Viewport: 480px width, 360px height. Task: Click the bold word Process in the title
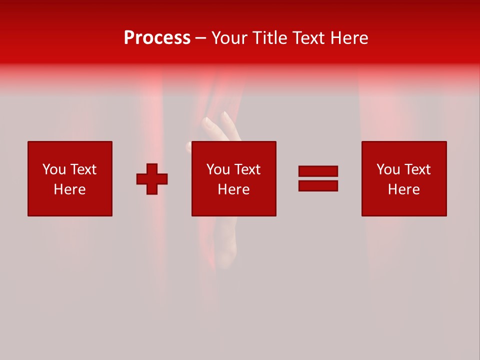click(157, 37)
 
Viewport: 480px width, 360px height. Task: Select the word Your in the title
click(230, 37)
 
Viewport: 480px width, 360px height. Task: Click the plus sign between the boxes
click(152, 179)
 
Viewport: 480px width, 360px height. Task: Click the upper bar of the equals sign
click(318, 171)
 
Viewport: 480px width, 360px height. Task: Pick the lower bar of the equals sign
click(318, 185)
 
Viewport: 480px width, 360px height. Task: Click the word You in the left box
click(54, 169)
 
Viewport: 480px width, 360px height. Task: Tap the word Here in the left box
click(70, 189)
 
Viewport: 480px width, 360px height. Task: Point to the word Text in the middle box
click(247, 169)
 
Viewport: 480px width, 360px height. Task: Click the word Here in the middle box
click(234, 189)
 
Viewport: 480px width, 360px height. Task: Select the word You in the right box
click(388, 169)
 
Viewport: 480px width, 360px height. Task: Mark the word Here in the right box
click(404, 189)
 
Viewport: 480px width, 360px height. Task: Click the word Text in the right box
click(417, 169)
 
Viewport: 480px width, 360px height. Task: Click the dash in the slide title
click(201, 38)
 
